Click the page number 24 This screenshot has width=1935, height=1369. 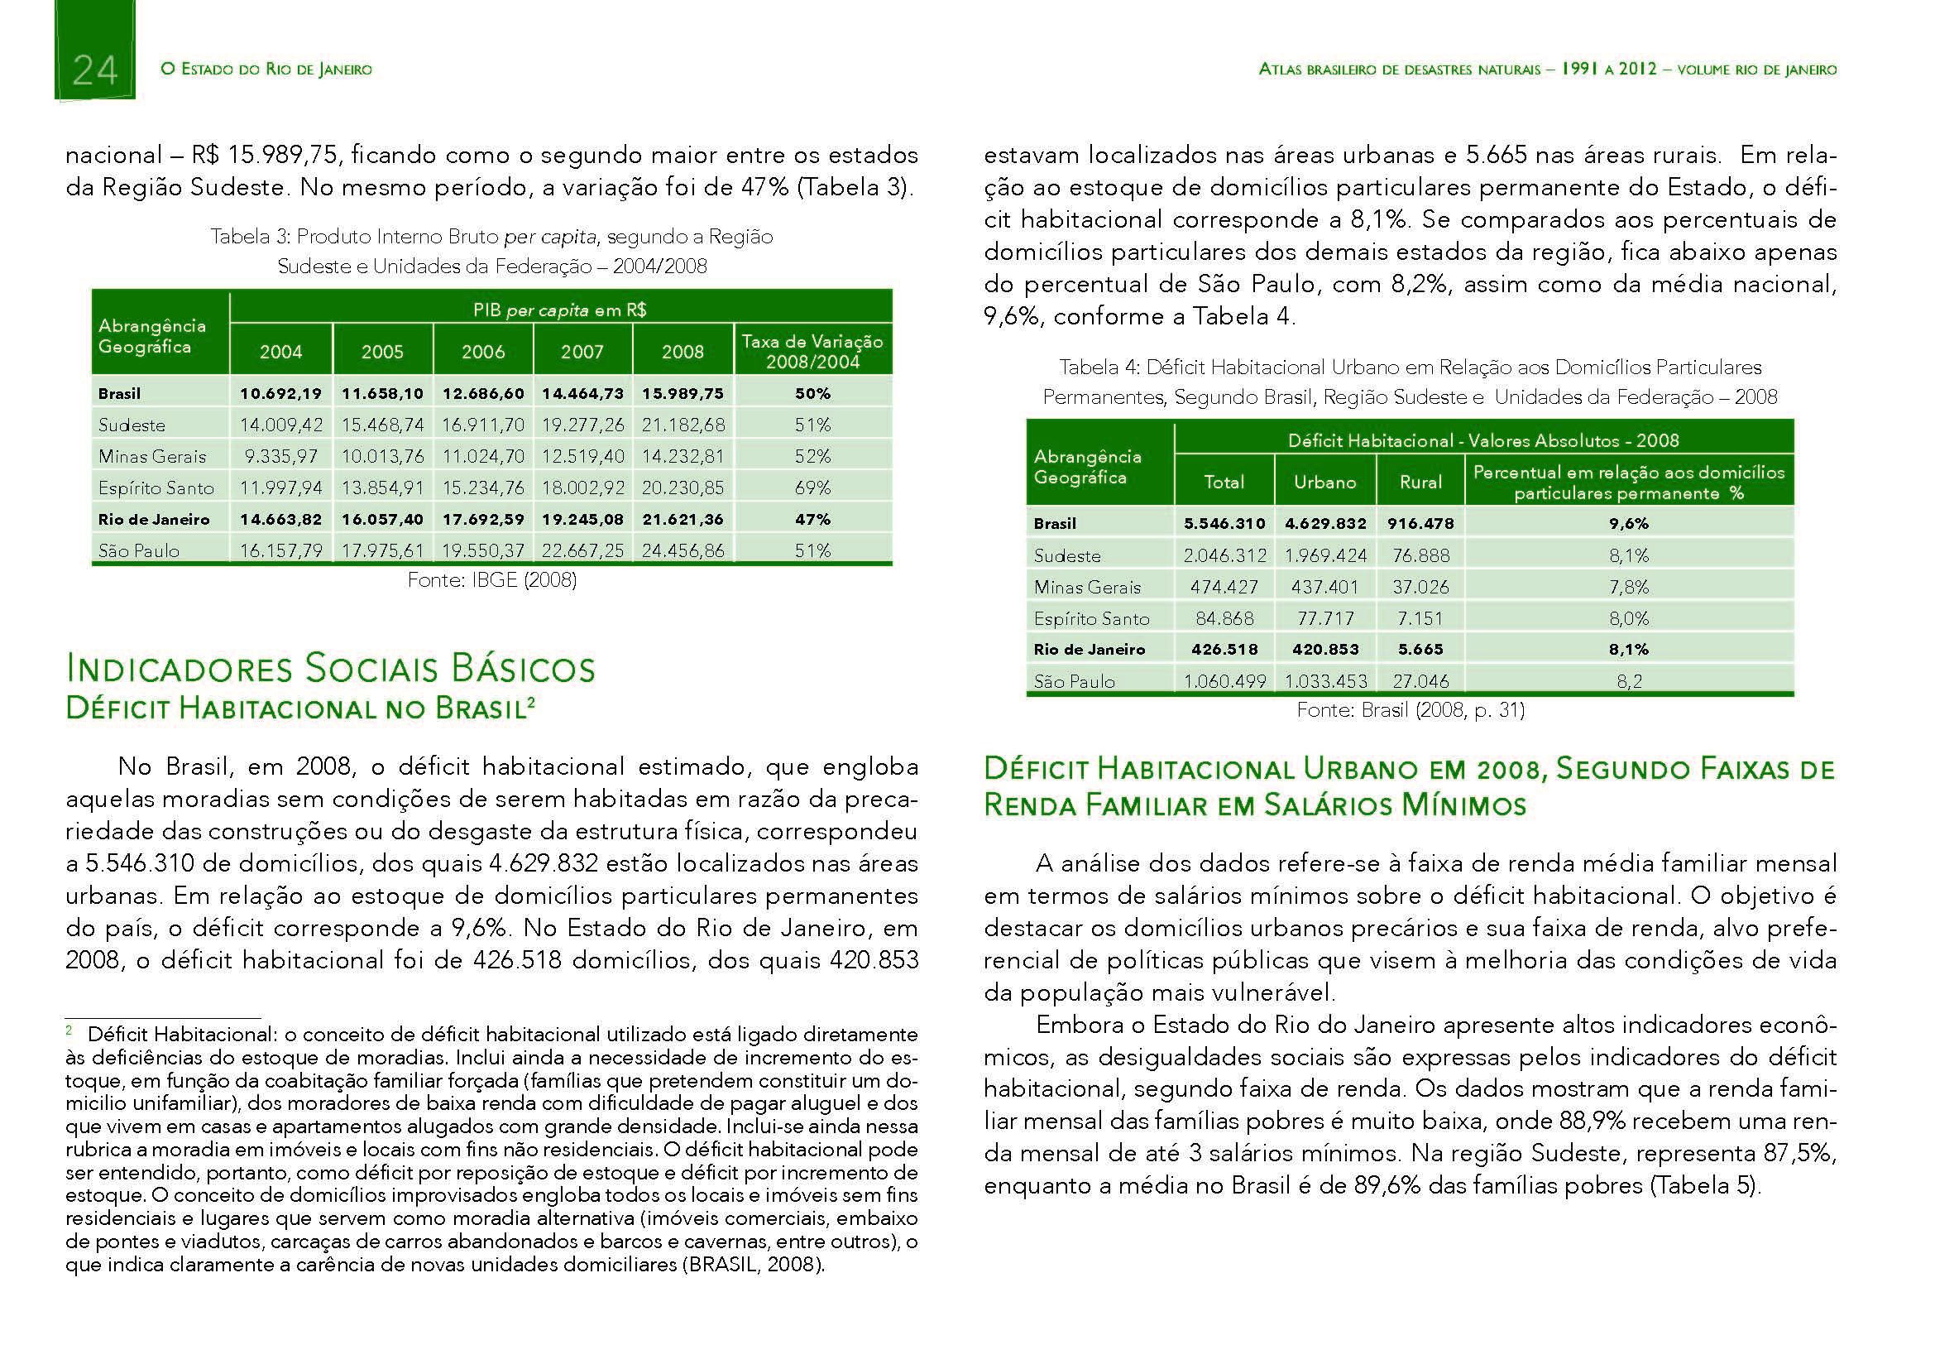(94, 70)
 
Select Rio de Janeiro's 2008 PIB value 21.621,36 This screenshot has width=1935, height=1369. (683, 519)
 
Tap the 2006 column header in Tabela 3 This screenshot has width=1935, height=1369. (483, 352)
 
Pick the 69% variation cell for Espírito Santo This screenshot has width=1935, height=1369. (812, 488)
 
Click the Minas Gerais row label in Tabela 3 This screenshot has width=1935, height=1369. (151, 456)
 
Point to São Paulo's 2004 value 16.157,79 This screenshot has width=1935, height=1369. (280, 550)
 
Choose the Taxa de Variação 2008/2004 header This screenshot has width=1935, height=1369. (812, 352)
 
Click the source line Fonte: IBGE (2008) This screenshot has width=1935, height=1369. (492, 580)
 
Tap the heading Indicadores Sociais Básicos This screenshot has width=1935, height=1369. (330, 669)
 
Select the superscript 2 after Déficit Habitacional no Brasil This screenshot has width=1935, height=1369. (531, 700)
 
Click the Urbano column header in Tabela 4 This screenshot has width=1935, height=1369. (1324, 483)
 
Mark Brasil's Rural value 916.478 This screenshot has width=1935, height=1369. (1421, 523)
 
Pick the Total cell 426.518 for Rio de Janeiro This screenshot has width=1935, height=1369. (1224, 649)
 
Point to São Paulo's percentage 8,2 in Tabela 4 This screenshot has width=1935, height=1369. (1629, 681)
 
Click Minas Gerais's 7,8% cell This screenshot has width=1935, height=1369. (1629, 587)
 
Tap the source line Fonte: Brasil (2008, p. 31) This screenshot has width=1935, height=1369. (1411, 710)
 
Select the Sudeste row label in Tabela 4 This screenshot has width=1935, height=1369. (1067, 555)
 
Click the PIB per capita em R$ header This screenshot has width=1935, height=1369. (559, 310)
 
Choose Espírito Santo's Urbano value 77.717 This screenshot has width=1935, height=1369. (1324, 619)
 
